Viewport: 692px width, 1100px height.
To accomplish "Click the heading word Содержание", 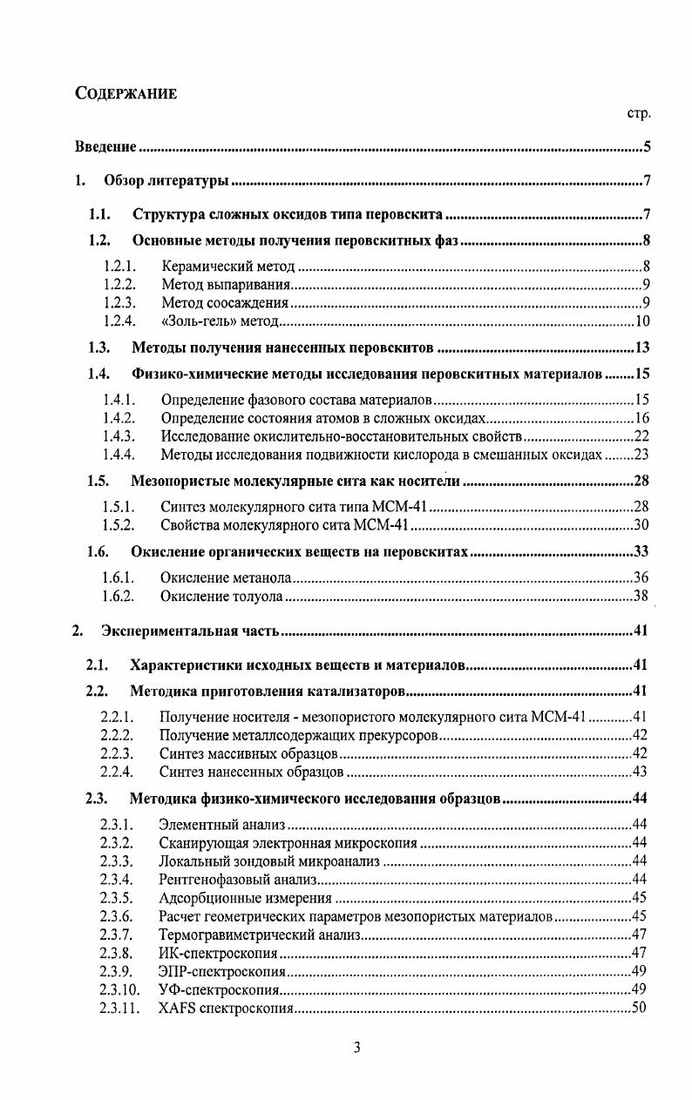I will pos(126,94).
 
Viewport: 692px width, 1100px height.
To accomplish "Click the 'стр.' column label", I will pos(639,113).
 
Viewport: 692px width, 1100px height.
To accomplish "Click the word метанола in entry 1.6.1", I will pos(259,577).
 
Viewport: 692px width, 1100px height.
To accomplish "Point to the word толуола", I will pos(255,597).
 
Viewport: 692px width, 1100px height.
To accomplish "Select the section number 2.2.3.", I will pos(116,753).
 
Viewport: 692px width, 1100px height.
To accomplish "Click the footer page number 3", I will pos(356,1048).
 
